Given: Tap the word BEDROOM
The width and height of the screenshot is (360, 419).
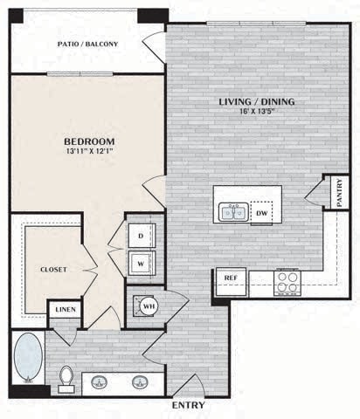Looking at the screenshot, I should pos(89,141).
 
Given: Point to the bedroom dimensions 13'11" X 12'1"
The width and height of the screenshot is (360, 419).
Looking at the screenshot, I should pos(89,153).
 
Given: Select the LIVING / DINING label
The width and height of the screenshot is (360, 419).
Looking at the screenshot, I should pos(256,102).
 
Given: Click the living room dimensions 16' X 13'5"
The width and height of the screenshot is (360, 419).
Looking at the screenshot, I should pos(256,113).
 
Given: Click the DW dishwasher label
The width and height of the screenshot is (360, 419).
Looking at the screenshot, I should pos(261,212).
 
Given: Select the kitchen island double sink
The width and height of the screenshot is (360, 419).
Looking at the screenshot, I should pos(233,212).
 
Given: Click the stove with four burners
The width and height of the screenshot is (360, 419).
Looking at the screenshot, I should pos(287,281).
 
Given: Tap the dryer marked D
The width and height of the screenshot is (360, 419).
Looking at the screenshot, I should pos(142,235).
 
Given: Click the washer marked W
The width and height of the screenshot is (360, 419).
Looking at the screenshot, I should pos(142,262).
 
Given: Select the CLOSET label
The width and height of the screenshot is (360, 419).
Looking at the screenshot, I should pos(52,270).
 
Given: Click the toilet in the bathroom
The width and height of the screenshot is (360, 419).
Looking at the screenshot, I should pos(66,377).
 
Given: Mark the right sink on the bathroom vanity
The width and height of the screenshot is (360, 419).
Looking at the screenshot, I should pos(141,381).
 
